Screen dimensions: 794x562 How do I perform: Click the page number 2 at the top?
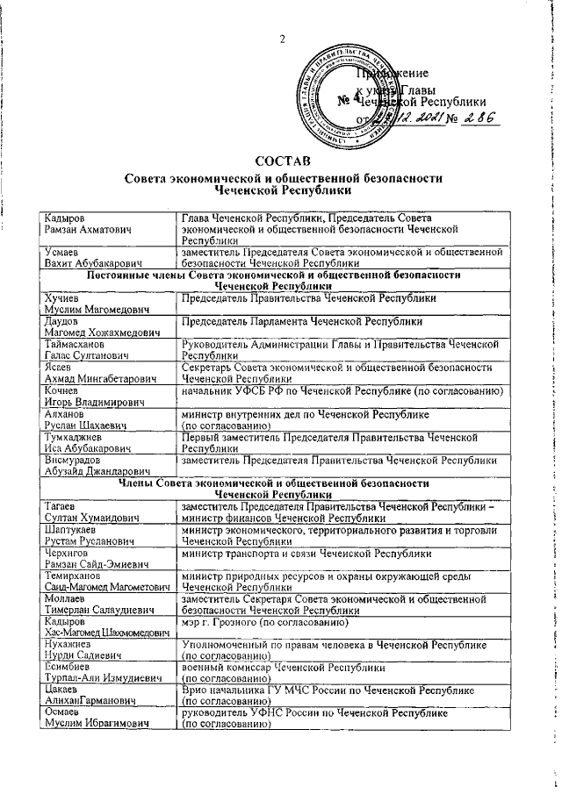click(x=282, y=39)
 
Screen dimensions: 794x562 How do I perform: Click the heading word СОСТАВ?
click(x=281, y=161)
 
